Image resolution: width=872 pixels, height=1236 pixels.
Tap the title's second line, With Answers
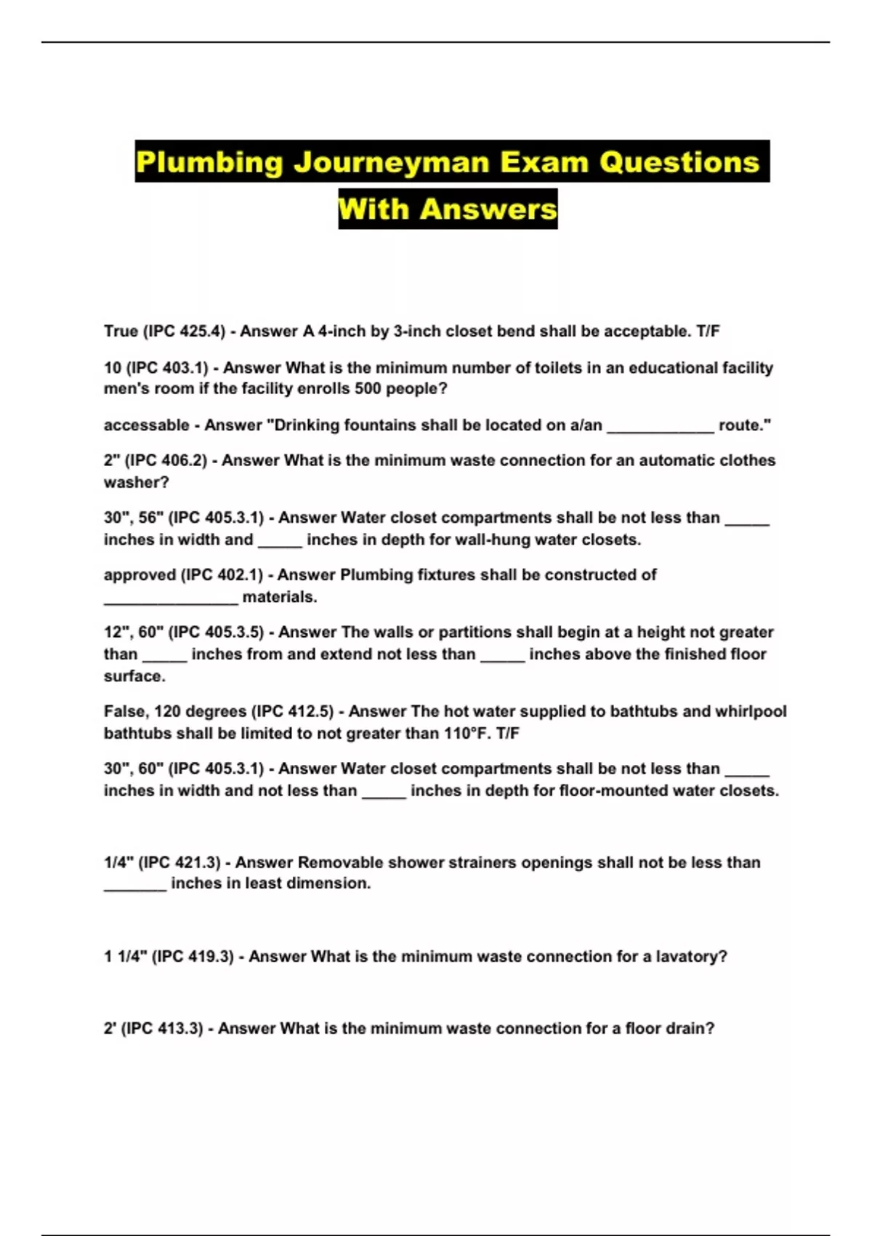448,209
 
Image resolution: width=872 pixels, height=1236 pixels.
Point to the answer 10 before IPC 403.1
113,368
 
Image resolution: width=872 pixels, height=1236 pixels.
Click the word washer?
136,482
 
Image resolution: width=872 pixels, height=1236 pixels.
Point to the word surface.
134,676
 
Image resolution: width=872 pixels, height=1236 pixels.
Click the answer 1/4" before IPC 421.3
118,863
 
